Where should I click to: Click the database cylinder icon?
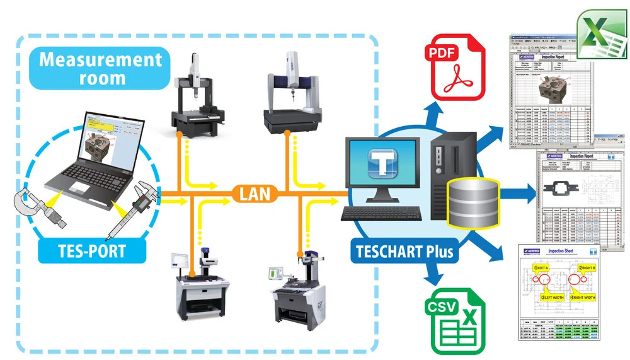pos(472,201)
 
